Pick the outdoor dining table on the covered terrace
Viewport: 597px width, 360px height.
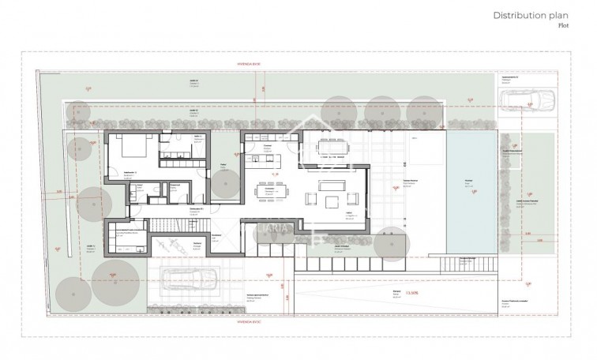331,147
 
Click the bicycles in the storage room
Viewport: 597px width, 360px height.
169,244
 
